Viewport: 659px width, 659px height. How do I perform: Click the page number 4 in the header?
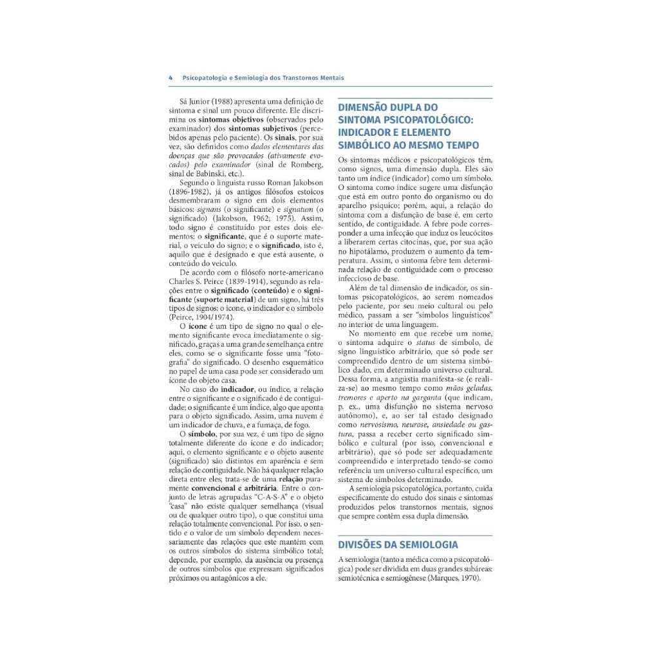coord(171,78)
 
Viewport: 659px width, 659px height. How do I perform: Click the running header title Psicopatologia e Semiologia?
coord(263,78)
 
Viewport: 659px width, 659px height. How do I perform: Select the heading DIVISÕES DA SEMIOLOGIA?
coord(398,544)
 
